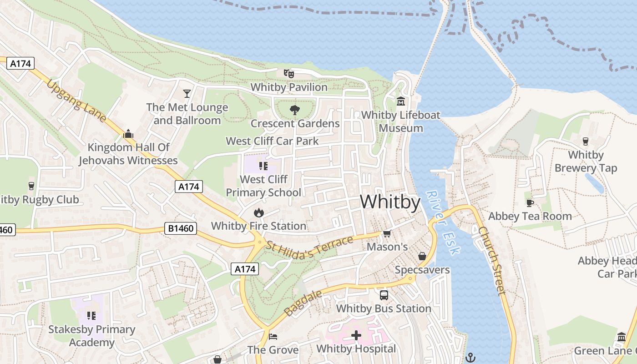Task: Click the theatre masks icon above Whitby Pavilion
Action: coord(288,73)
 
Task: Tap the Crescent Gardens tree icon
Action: coord(295,110)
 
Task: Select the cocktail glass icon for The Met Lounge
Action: coord(187,94)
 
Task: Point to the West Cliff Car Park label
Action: coord(272,141)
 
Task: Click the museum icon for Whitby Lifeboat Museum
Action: coord(401,101)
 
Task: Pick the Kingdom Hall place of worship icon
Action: coord(128,134)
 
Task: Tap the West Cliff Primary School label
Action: coord(263,186)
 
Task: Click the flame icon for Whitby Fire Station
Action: coord(258,212)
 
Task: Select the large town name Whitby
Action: coord(390,202)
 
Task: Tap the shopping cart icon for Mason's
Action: coord(387,233)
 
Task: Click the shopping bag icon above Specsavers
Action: coord(422,256)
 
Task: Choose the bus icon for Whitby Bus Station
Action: coord(384,295)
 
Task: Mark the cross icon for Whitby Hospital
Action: coord(356,336)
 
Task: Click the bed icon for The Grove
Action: coord(273,336)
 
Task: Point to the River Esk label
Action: coord(444,222)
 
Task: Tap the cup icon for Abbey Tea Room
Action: coord(530,203)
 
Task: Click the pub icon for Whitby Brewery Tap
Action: coord(586,142)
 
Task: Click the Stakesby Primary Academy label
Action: coord(91,336)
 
